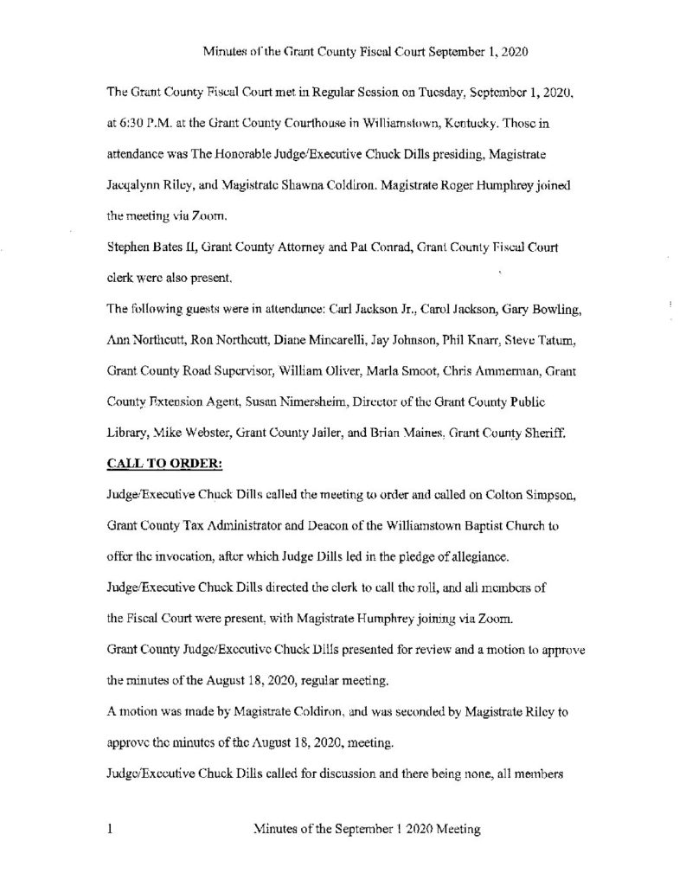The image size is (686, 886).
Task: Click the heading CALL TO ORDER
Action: tap(163, 463)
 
